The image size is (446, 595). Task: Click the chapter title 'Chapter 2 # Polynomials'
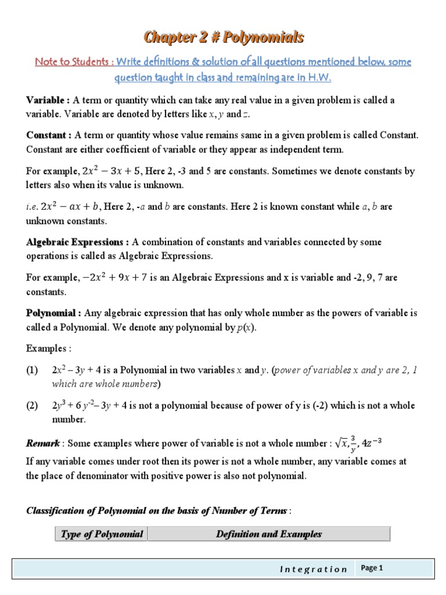tap(224, 38)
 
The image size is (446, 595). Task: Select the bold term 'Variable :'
tap(48, 101)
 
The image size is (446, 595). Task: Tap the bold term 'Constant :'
tap(49, 135)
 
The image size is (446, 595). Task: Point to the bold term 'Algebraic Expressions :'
tap(78, 242)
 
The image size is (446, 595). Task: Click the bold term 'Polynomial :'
tap(54, 313)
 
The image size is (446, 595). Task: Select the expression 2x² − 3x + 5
tap(105, 171)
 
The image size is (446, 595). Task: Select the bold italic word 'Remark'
tap(43, 444)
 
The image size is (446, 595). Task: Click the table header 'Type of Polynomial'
tap(102, 534)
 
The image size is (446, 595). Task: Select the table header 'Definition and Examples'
tap(268, 534)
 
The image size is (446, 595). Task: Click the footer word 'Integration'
tap(313, 569)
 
